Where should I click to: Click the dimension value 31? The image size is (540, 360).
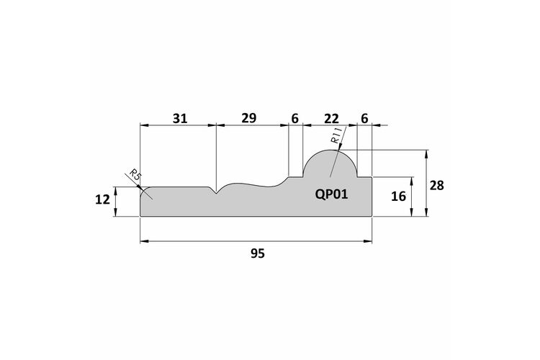click(x=180, y=119)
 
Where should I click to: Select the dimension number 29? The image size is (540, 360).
click(x=248, y=118)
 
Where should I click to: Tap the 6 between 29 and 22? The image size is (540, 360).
click(x=294, y=119)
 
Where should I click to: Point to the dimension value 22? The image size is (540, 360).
click(x=331, y=119)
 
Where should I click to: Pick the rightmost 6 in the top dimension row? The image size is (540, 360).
click(x=364, y=119)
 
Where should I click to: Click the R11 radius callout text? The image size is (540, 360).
click(x=336, y=135)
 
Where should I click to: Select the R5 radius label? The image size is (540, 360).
click(x=135, y=176)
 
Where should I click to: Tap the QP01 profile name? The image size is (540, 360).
click(x=331, y=194)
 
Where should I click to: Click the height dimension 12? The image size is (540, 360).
click(x=102, y=199)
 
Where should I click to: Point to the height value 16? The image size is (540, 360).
click(x=398, y=197)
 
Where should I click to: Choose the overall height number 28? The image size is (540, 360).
click(x=437, y=186)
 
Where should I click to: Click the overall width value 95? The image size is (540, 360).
click(x=258, y=253)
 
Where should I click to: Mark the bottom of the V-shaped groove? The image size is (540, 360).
click(x=216, y=194)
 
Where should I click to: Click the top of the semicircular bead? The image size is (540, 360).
click(x=330, y=150)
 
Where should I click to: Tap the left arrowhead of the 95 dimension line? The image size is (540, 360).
click(x=144, y=241)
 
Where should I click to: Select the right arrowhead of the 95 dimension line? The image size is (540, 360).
click(x=368, y=241)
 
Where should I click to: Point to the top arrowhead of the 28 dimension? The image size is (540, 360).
click(x=427, y=154)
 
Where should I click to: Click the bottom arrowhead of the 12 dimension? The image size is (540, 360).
click(x=116, y=212)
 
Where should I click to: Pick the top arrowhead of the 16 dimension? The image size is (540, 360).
click(x=412, y=181)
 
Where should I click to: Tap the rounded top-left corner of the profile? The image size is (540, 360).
click(x=143, y=190)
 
